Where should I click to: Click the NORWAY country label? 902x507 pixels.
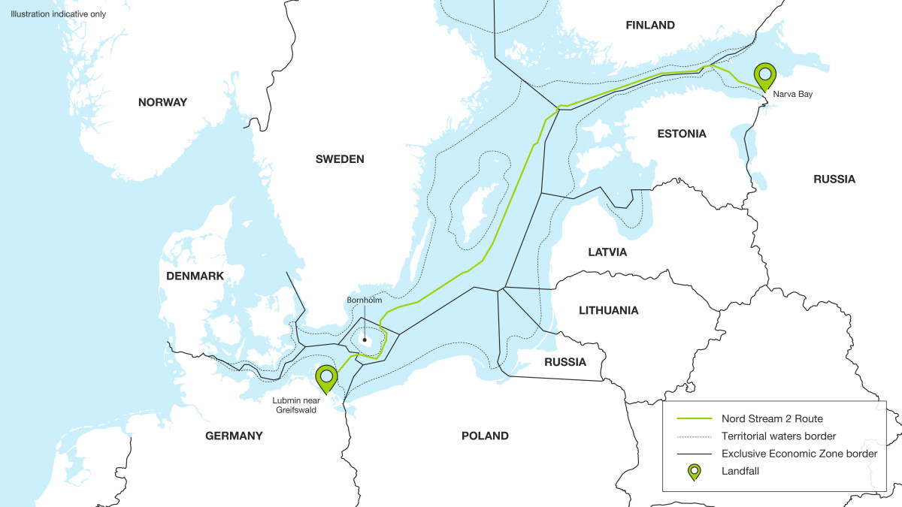click(162, 102)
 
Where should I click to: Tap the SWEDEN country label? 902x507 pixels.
click(340, 159)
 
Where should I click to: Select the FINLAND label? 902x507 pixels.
click(650, 26)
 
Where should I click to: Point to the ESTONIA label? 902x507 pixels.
click(682, 134)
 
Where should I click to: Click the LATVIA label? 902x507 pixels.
click(607, 252)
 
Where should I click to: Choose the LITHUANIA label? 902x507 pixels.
click(609, 310)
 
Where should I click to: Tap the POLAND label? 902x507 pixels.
click(485, 436)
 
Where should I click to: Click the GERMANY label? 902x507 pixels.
click(235, 436)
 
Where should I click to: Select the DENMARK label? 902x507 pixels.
click(195, 276)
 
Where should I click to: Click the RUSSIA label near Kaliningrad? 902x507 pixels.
click(565, 362)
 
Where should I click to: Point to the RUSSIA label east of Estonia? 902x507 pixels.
click(834, 180)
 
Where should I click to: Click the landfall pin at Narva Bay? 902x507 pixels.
click(765, 75)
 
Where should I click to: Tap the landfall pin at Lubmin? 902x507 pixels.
click(326, 378)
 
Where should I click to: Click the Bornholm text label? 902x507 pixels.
click(364, 300)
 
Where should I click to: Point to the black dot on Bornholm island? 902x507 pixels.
click(365, 340)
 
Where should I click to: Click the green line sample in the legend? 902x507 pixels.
click(693, 418)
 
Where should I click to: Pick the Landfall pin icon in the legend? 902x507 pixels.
click(693, 472)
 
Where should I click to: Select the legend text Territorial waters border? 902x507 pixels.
click(779, 436)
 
